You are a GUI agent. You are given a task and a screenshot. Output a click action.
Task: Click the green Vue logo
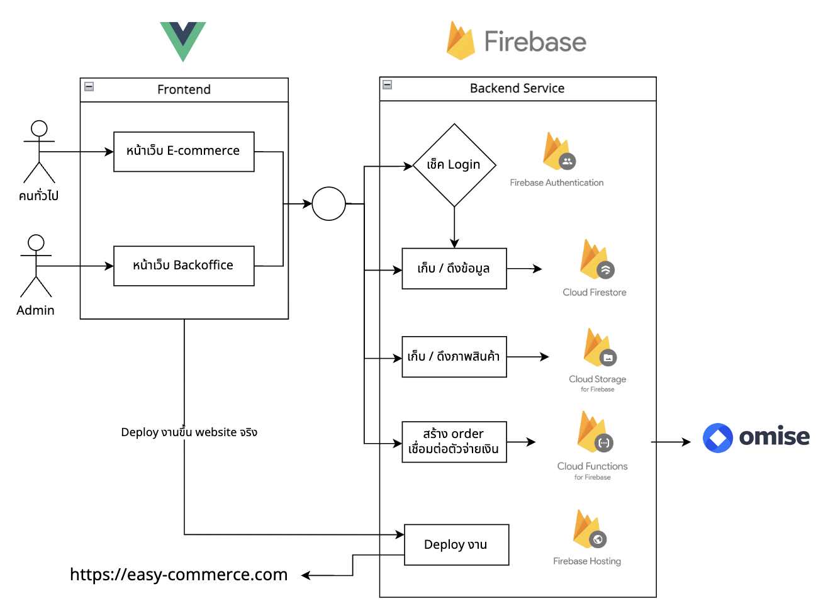click(183, 42)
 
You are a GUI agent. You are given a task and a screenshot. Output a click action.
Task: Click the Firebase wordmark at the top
click(535, 42)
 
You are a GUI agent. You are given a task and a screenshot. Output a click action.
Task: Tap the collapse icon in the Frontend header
click(89, 87)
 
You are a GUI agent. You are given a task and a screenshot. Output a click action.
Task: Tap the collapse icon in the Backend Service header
click(387, 85)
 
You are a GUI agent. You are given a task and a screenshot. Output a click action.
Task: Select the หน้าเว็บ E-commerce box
click(184, 152)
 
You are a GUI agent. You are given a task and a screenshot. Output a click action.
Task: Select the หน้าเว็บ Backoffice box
click(184, 266)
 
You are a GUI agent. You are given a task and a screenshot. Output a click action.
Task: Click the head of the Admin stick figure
click(36, 243)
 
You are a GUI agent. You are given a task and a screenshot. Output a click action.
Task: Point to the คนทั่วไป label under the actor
click(38, 196)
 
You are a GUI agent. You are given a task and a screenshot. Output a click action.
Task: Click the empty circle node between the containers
click(329, 204)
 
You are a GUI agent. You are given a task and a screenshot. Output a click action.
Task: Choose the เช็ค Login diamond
click(454, 165)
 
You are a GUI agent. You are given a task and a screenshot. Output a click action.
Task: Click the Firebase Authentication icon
click(559, 152)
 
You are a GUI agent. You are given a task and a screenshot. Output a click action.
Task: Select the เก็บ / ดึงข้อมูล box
click(454, 269)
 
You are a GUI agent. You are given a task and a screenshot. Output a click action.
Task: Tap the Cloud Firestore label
click(595, 293)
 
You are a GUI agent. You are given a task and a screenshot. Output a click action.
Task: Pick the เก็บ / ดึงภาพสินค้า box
click(454, 357)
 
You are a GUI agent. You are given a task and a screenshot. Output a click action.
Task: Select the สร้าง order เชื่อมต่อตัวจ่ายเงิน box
click(454, 442)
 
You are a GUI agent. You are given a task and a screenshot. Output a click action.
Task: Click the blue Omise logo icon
click(718, 438)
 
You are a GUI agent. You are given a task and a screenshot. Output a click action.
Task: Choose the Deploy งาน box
click(457, 545)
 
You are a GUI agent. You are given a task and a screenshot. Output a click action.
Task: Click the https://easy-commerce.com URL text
click(179, 575)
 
